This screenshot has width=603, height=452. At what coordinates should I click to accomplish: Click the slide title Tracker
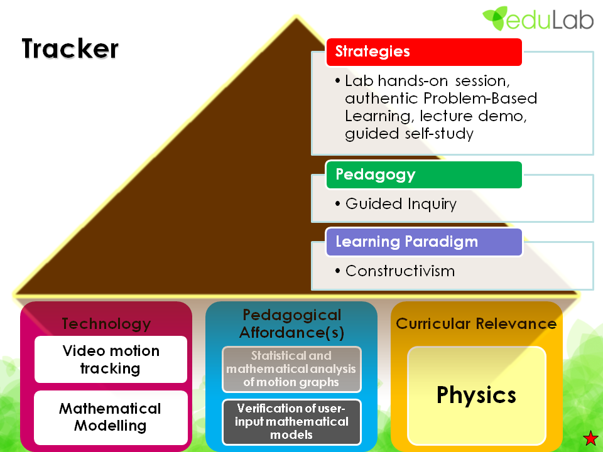(x=70, y=49)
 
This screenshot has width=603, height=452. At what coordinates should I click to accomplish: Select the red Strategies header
(x=424, y=51)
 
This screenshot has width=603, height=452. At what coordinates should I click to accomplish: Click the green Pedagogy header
(x=424, y=175)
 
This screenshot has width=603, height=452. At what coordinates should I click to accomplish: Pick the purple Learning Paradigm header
(x=424, y=242)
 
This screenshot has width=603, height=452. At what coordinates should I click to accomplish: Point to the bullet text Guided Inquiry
(x=401, y=204)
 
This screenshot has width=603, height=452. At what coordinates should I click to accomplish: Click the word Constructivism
(x=400, y=271)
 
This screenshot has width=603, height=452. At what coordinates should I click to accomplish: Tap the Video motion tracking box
(x=111, y=359)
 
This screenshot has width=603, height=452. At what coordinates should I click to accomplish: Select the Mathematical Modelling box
(x=111, y=417)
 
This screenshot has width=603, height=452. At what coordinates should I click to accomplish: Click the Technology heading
(x=106, y=323)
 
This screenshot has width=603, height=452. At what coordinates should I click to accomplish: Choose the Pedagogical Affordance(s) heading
(x=291, y=323)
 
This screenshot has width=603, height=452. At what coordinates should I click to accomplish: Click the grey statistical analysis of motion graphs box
(x=291, y=369)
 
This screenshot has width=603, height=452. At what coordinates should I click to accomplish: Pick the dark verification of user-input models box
(x=291, y=420)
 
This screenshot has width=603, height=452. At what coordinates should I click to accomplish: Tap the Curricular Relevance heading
(x=476, y=324)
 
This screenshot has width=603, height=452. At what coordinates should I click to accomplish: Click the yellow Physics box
(x=476, y=395)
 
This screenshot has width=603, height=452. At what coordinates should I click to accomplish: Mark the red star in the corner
(x=590, y=438)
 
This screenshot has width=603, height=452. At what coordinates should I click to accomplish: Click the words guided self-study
(x=409, y=133)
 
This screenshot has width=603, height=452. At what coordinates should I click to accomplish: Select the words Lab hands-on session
(x=425, y=82)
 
